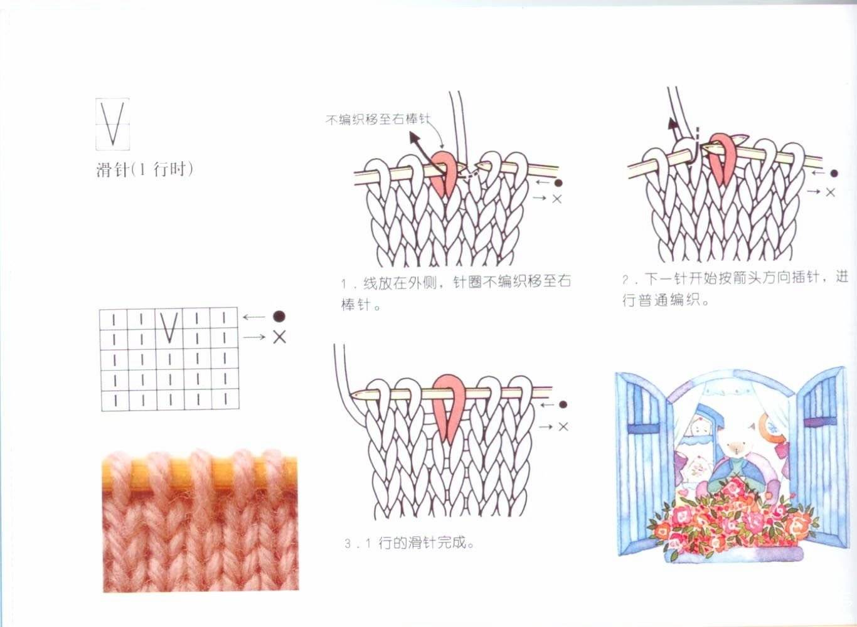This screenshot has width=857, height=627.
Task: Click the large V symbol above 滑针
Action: (112, 124)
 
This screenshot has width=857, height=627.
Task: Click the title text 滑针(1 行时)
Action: (145, 169)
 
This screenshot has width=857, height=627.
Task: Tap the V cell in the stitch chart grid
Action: (169, 328)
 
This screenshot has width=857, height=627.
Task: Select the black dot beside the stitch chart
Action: (279, 316)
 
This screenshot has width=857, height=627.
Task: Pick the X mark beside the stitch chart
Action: (280, 337)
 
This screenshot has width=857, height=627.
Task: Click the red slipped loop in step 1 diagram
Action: (445, 173)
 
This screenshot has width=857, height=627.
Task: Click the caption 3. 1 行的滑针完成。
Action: (409, 543)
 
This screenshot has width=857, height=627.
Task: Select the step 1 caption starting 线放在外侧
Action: (455, 293)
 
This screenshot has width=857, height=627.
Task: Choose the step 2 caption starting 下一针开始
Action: (735, 288)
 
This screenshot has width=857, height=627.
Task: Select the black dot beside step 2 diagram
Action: (834, 173)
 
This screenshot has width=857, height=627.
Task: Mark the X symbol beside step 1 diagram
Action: (557, 199)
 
